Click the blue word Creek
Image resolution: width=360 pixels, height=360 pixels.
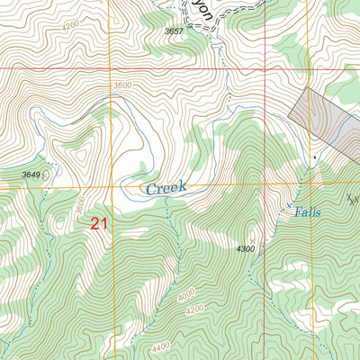[x=166, y=188]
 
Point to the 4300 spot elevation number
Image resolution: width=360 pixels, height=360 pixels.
[x=245, y=248]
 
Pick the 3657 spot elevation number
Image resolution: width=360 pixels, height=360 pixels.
[x=177, y=31]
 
